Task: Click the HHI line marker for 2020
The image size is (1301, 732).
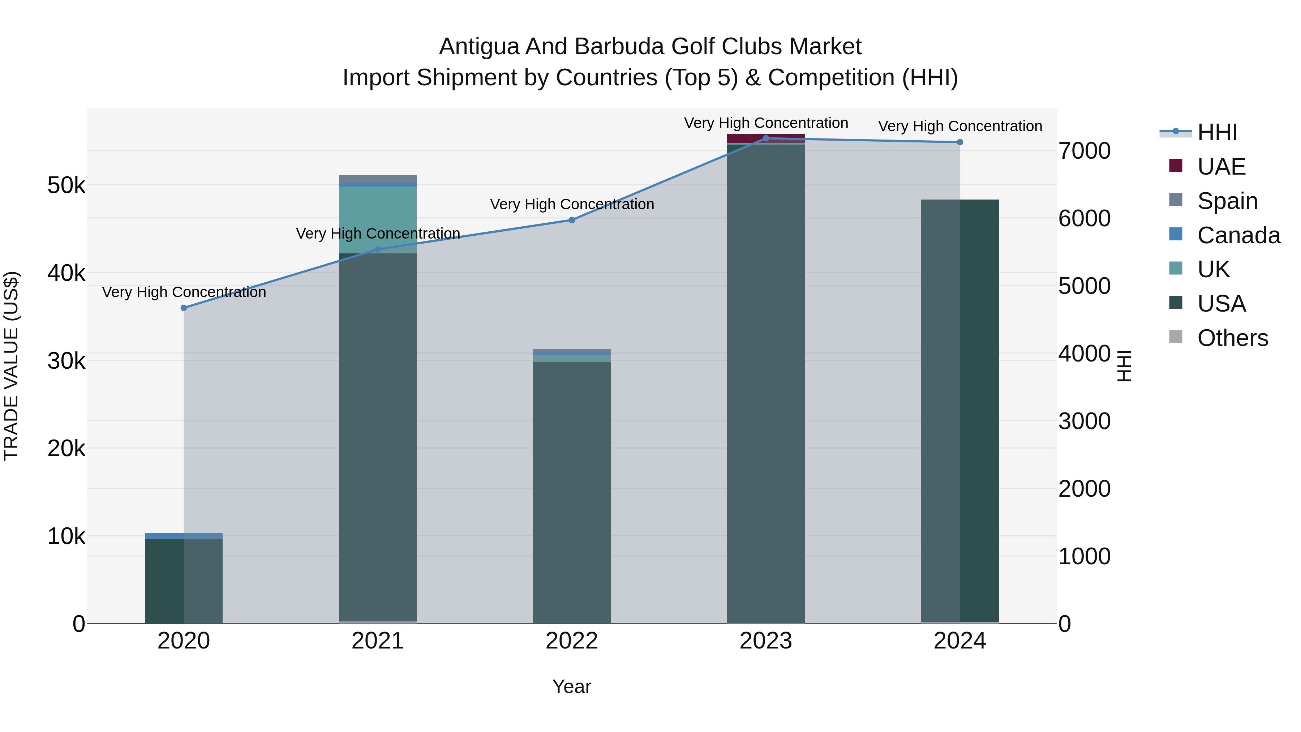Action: click(184, 308)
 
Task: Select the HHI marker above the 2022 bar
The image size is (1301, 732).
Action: click(572, 220)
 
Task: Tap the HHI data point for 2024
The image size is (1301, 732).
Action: click(959, 142)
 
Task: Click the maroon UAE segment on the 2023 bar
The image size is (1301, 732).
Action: click(766, 138)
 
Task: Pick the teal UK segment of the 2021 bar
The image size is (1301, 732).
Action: click(378, 220)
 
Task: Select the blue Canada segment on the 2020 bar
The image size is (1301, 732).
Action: click(184, 535)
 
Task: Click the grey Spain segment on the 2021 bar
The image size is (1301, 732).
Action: click(378, 179)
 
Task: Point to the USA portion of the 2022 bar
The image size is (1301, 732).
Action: click(572, 490)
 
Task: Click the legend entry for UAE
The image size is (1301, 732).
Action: click(1221, 167)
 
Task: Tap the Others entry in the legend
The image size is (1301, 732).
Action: click(1232, 338)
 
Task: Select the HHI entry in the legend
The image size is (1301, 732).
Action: click(1217, 132)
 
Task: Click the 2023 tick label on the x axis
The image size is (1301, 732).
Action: click(766, 641)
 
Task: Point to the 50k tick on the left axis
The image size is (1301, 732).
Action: click(66, 185)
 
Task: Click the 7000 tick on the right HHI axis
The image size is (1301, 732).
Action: click(1084, 151)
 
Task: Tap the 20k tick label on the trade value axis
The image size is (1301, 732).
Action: click(66, 448)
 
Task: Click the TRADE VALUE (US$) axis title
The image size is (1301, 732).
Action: click(11, 366)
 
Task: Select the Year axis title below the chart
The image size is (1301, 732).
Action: click(572, 686)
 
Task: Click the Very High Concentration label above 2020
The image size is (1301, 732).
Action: click(184, 292)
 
